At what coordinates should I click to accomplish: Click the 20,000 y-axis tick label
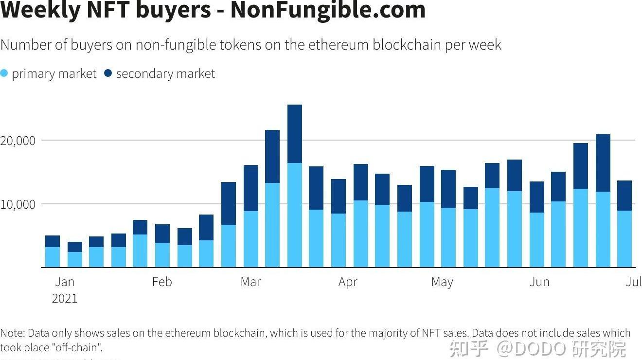point(18,141)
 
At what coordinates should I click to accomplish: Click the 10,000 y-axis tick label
point(18,204)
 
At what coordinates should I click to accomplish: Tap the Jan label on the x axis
point(65,282)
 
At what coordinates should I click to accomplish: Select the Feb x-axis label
point(162,282)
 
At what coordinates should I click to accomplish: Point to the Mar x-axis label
point(250,282)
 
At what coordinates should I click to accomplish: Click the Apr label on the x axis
point(348,282)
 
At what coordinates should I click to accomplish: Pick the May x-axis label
point(442,282)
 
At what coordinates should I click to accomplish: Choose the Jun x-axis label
point(539,282)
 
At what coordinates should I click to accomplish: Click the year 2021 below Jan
point(65,298)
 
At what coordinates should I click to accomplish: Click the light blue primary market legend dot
point(4,73)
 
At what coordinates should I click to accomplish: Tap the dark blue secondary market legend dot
point(108,73)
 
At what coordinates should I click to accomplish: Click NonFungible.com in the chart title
point(328,10)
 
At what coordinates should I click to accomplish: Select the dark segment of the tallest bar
point(295,134)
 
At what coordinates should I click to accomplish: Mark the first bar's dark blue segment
point(53,241)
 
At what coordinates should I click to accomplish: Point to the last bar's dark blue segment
point(624,196)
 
